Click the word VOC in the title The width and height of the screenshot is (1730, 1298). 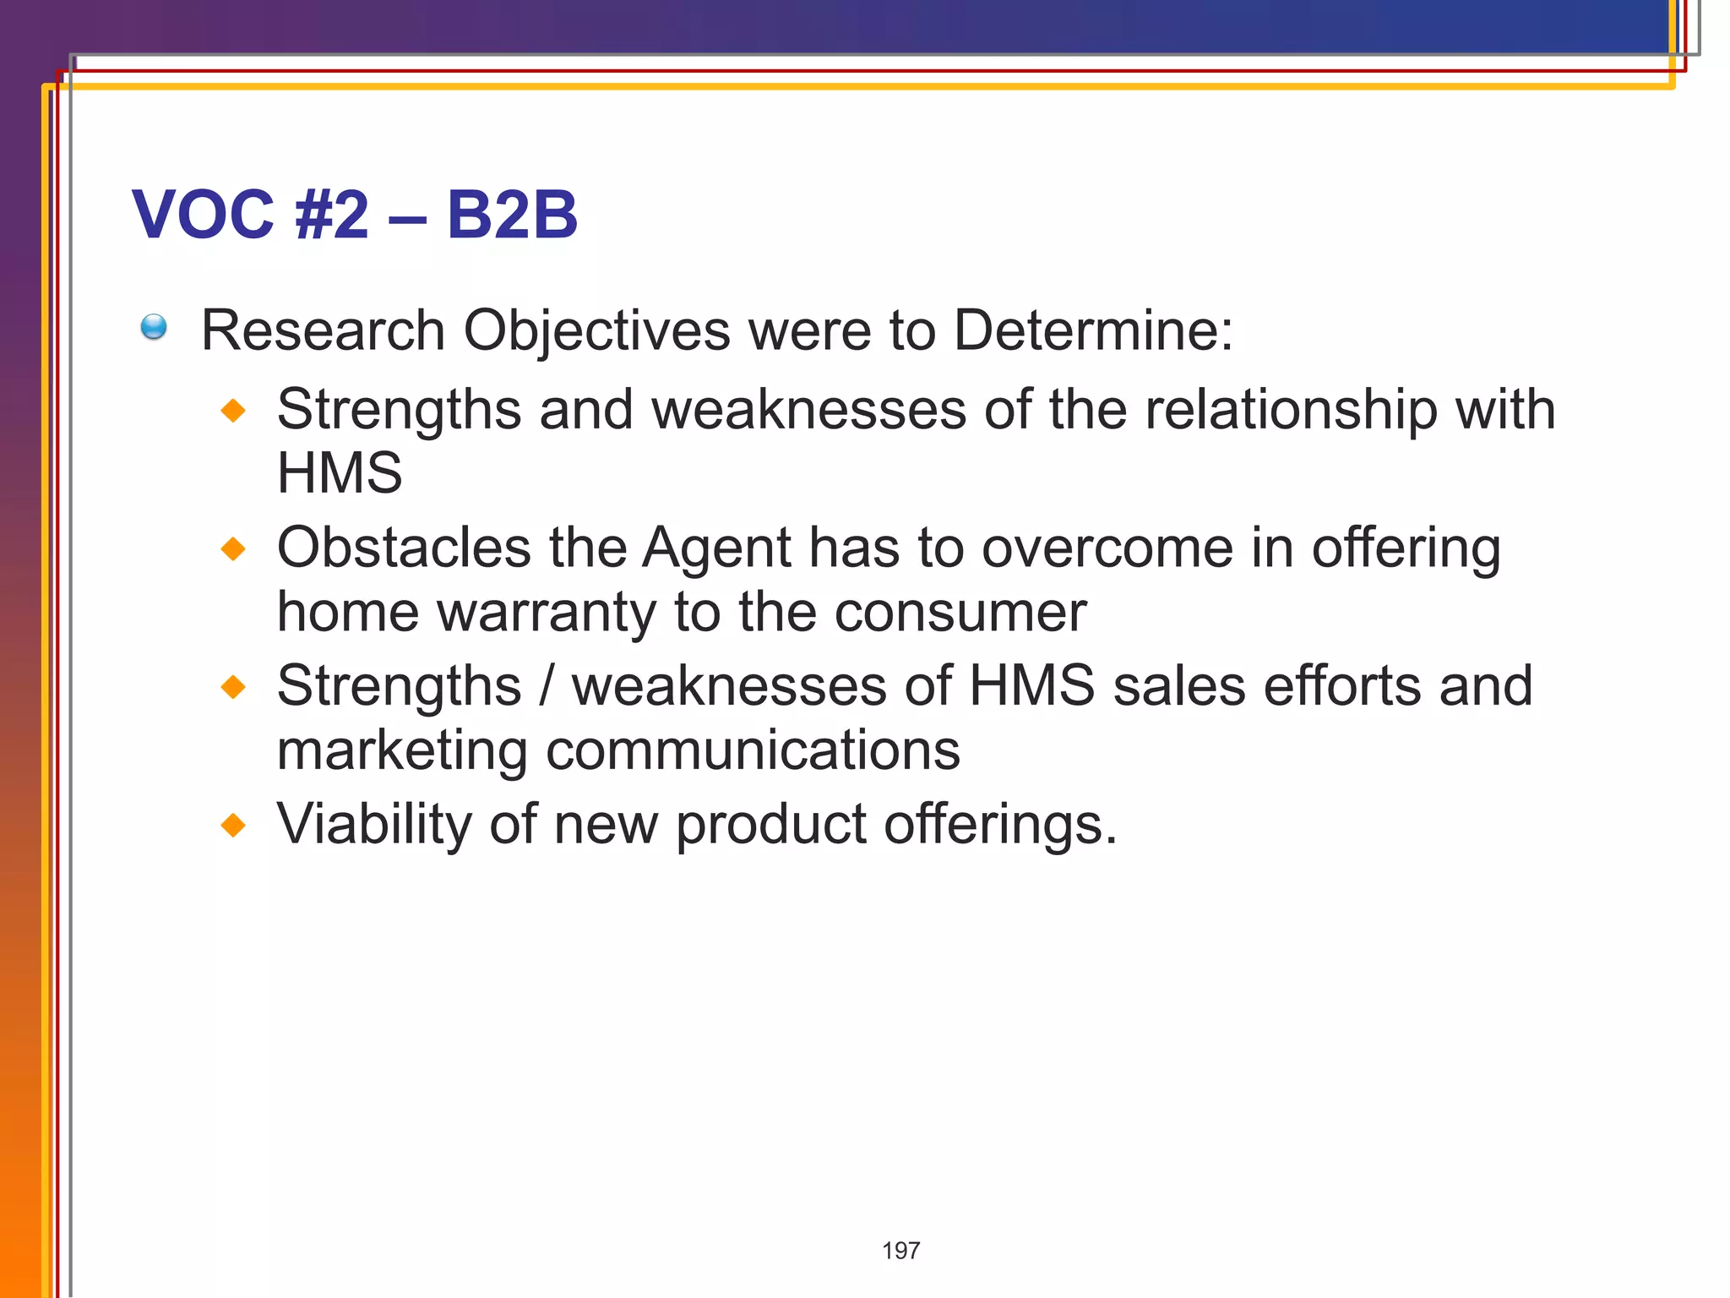[204, 215]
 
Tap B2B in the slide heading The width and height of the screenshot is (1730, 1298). [512, 215]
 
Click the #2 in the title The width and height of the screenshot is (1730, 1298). [332, 215]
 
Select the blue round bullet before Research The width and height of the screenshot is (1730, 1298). [154, 327]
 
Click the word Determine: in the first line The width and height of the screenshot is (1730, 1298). [1093, 330]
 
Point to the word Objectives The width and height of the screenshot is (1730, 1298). [596, 331]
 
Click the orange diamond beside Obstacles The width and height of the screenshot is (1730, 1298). [233, 549]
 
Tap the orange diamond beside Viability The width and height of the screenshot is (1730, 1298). [233, 825]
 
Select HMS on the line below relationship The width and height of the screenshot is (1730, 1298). [340, 472]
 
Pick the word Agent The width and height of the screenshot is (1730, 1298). [716, 549]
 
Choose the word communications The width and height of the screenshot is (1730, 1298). [753, 750]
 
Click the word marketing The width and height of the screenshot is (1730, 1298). [402, 751]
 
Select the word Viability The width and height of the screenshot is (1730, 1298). [373, 825]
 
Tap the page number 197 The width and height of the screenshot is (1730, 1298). [900, 1251]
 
